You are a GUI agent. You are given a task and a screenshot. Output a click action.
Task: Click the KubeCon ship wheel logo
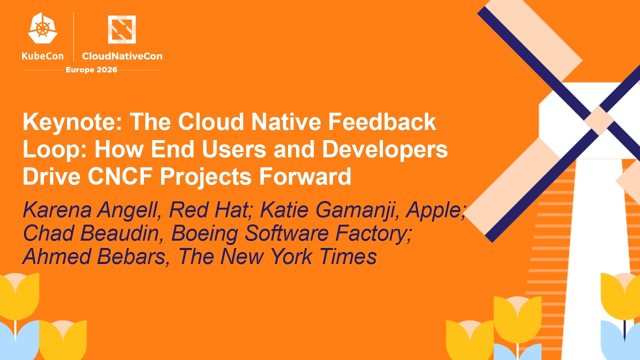coord(43,28)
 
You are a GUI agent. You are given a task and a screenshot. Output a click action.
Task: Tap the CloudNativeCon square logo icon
coord(121,29)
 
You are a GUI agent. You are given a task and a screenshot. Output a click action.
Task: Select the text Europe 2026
coord(91,69)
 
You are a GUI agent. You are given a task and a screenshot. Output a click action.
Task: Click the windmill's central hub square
coord(599,120)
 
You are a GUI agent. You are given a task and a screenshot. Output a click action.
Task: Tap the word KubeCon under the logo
coord(43,56)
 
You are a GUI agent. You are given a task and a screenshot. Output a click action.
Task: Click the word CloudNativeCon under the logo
coord(122,56)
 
